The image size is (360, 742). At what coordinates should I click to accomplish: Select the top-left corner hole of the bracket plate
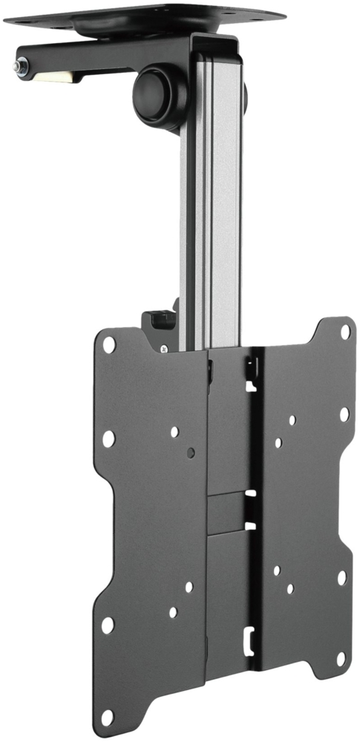(x=109, y=344)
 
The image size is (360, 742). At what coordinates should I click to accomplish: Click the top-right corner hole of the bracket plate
(x=345, y=332)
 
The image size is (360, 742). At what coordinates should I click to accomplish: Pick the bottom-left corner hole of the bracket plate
(x=108, y=718)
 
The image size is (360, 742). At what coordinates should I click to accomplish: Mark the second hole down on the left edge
(x=108, y=439)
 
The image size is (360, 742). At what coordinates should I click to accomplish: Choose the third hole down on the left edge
(x=108, y=625)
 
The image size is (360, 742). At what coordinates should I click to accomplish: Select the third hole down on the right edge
(x=341, y=577)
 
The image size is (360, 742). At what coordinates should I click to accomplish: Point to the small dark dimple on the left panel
(x=192, y=451)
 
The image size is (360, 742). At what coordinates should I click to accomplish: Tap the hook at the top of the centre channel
(x=251, y=368)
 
